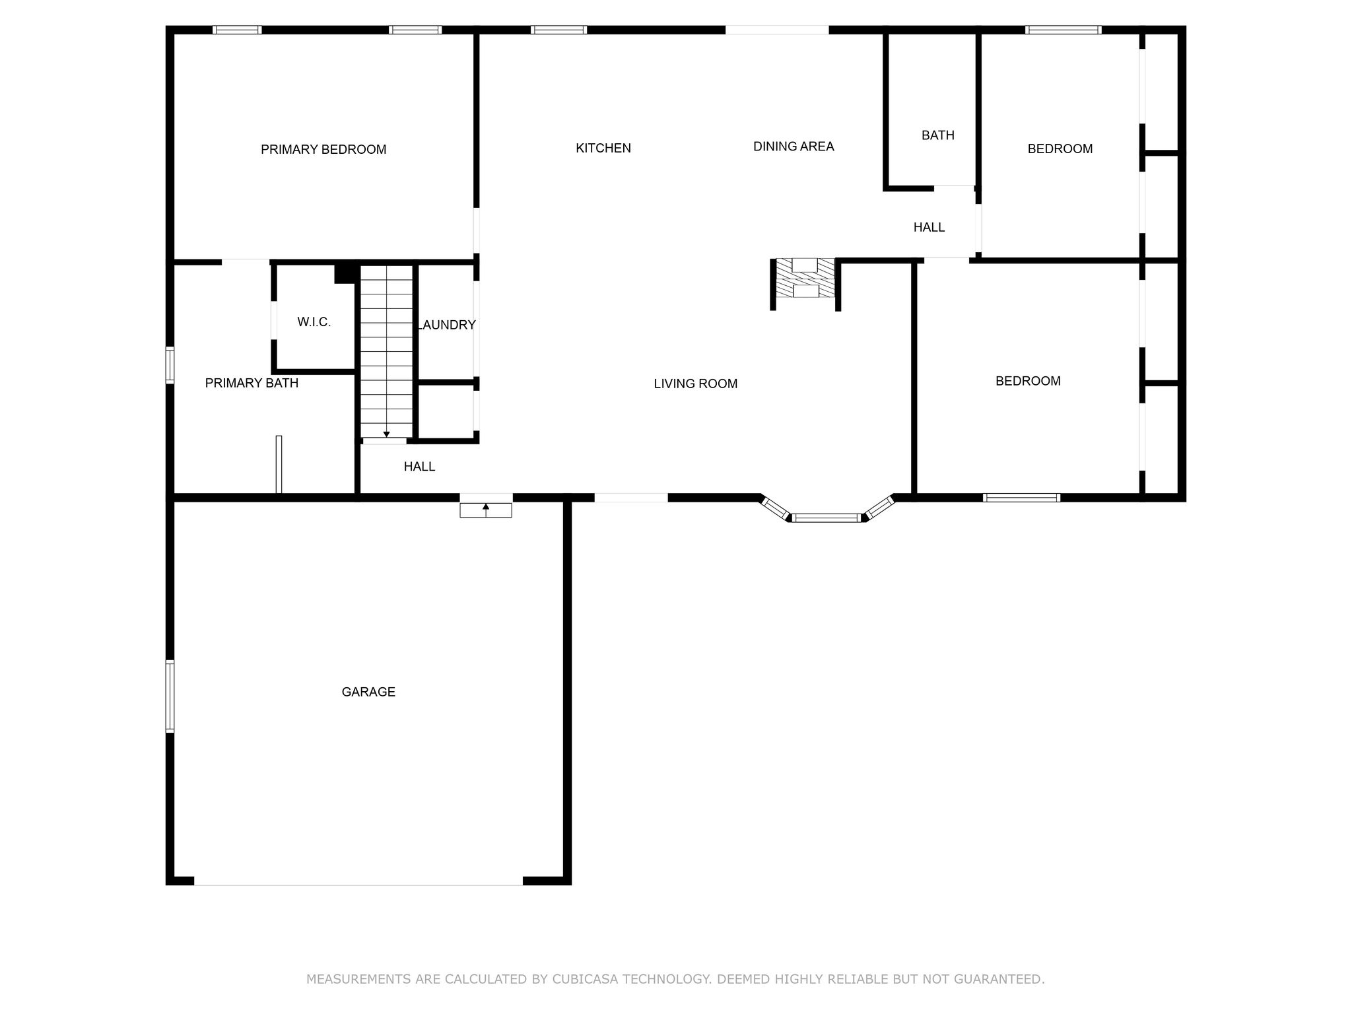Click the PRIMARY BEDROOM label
pos(323,150)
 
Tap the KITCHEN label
pos(603,149)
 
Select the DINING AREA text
pos(794,147)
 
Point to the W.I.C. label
pos(314,322)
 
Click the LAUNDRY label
pos(446,325)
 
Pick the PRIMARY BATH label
pos(252,383)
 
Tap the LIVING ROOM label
pos(696,384)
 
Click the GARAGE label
pos(368,692)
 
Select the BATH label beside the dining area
pos(938,135)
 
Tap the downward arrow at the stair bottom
pos(387,430)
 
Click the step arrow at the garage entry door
pos(486,510)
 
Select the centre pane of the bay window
pos(827,518)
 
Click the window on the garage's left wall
pos(170,696)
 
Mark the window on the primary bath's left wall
pos(170,365)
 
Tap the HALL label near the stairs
pos(419,467)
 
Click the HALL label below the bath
pos(929,227)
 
